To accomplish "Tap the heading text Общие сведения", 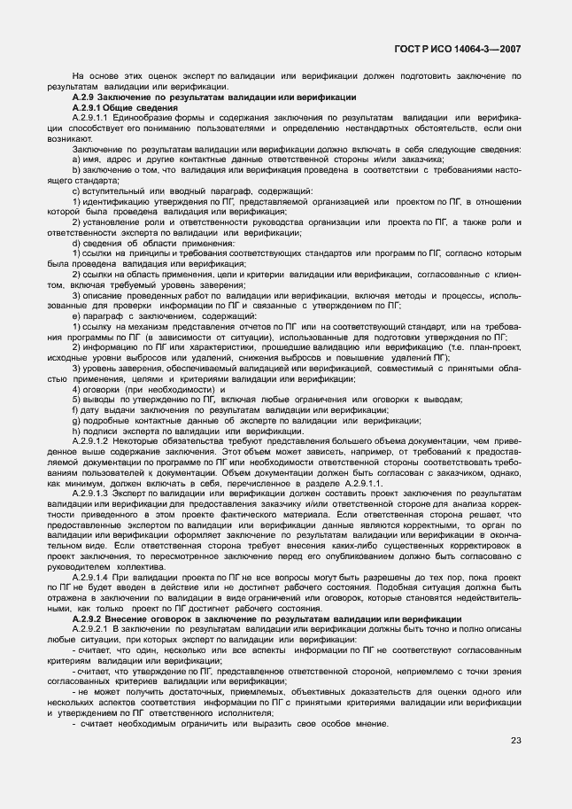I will pos(137,106).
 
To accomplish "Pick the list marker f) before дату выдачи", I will pos(75,410).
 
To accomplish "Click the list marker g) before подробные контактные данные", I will pos(76,421).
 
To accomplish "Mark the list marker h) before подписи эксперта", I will pos(76,431).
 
